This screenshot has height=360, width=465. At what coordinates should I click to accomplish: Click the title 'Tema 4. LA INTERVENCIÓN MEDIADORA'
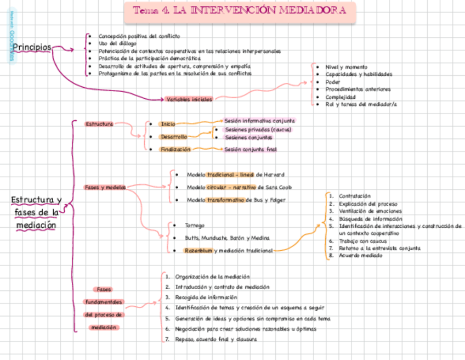point(240,11)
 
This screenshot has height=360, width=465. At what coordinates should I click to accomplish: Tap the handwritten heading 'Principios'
point(32,48)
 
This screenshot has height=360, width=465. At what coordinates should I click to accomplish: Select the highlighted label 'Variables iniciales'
point(189,99)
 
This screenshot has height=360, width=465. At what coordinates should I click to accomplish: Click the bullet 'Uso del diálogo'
point(115,43)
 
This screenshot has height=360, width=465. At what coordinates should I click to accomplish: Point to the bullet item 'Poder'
point(333,82)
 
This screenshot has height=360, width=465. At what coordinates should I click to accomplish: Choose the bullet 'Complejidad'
point(341,97)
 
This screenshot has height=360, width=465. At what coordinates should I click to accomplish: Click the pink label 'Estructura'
point(99,124)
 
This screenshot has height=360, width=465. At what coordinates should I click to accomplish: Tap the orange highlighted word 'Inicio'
point(168,125)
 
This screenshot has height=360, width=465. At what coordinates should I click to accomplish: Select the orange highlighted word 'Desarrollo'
point(173,137)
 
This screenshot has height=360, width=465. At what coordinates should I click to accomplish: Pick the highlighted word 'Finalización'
point(175,149)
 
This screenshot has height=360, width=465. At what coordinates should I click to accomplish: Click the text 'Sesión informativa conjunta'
point(260,120)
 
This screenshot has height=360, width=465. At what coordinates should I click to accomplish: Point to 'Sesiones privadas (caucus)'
point(258,130)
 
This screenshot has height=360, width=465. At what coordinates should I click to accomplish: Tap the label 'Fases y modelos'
point(104,187)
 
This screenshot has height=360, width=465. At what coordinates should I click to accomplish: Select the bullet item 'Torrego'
point(195,225)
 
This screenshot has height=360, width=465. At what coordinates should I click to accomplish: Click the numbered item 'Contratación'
point(355,196)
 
